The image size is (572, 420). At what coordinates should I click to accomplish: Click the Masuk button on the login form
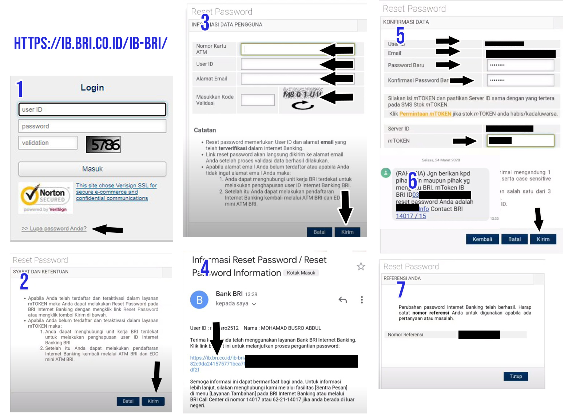92,169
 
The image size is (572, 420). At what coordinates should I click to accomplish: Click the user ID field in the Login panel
92,109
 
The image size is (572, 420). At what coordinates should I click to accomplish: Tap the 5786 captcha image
103,145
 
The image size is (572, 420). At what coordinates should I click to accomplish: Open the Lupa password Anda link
54,229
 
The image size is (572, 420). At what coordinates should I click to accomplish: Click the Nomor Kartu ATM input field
280,49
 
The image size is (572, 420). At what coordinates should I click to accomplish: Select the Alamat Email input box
280,79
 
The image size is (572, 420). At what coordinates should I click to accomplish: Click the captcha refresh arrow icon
302,106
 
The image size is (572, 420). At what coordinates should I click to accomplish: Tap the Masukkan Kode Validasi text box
258,100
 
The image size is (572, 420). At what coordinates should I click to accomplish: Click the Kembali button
482,239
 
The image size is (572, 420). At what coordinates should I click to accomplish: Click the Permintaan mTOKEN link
425,114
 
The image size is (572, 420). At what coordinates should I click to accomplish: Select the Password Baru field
520,65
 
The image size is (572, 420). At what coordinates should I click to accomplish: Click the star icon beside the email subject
361,267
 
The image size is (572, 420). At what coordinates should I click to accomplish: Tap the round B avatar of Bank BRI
199,300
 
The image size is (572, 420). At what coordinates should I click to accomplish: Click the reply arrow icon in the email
342,300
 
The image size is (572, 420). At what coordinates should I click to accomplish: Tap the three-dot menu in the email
361,300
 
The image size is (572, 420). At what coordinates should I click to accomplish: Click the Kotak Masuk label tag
301,273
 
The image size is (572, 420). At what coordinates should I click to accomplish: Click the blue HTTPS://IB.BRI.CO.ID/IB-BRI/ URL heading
91,43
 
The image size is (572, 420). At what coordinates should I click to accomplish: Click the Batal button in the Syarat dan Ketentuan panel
128,401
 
